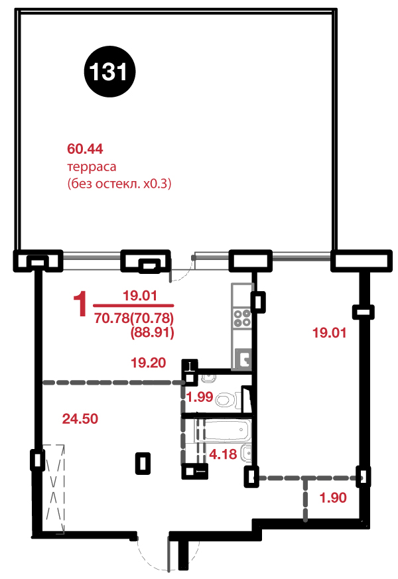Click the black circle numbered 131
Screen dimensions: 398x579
pos(109,71)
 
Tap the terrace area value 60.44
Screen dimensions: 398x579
pos(85,149)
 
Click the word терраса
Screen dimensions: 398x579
pos(92,167)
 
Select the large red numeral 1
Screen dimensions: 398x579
pos(80,304)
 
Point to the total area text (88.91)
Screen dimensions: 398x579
pos(152,332)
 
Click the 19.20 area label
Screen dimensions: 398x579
pos(149,363)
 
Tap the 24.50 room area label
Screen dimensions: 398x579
pos(80,418)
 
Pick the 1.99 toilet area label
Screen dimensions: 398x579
pos(200,397)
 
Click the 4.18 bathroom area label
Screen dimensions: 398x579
pos(223,454)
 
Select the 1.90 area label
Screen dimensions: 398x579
pos(333,498)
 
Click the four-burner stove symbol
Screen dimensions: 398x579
pos(242,318)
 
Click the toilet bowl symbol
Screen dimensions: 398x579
pos(226,399)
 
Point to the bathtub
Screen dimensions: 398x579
pos(224,430)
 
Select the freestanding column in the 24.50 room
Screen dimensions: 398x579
pos(143,463)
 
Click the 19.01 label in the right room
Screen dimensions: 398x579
pos(329,333)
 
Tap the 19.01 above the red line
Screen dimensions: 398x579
pos(140,295)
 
